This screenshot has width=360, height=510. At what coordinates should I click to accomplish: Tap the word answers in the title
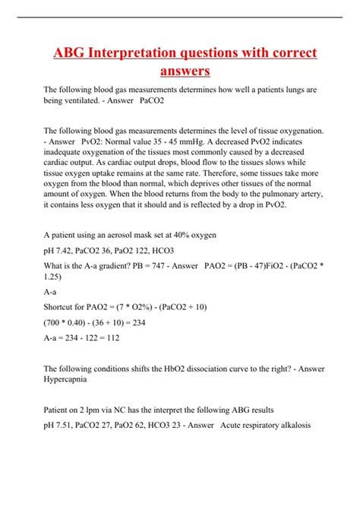tap(185, 72)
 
